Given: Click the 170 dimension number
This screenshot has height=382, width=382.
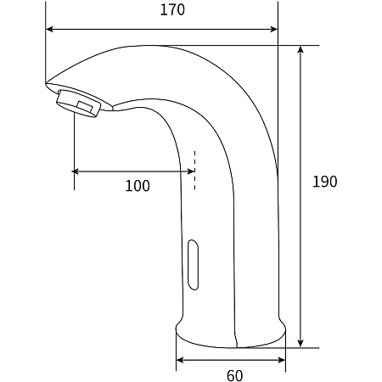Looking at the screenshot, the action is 172,9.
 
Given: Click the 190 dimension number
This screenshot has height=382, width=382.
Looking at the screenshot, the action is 324,182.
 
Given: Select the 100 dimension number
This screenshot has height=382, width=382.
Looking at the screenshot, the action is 138,186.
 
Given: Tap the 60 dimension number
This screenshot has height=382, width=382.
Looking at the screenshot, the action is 234,375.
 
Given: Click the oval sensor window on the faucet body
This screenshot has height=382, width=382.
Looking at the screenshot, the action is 193,265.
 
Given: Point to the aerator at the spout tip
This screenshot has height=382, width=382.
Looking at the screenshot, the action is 79,104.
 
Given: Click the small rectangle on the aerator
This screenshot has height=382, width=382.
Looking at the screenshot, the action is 85,107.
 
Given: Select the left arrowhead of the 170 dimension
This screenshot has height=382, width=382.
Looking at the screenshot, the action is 49,29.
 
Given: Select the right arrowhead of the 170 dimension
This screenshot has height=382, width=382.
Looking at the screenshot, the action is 274,29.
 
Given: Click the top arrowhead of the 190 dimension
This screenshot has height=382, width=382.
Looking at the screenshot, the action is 301,49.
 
